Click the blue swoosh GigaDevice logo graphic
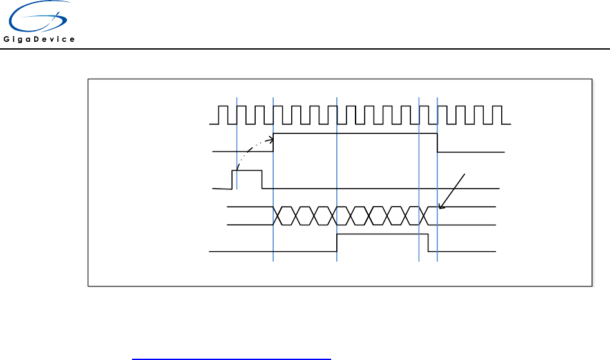[37, 17]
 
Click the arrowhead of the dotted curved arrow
[271, 137]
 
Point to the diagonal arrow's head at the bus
[440, 207]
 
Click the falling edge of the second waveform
[438, 142]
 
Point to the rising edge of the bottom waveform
[337, 242]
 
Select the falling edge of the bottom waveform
[428, 242]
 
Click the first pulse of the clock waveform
[222, 115]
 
